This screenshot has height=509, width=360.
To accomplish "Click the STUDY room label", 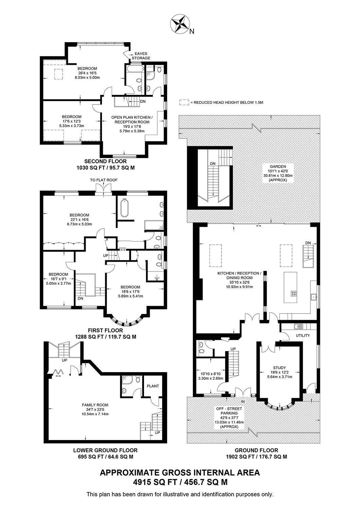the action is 280,367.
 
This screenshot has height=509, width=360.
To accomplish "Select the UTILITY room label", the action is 303,335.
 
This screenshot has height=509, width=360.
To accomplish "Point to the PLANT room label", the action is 153,386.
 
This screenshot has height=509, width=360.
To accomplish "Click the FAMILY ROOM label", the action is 95,405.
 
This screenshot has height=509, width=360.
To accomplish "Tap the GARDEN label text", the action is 278,166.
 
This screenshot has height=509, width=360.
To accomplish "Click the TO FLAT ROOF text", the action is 104,180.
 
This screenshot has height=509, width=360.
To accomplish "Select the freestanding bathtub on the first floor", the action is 124,208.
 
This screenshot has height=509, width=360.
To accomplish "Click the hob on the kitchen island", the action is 293,294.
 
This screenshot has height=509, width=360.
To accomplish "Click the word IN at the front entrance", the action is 243,401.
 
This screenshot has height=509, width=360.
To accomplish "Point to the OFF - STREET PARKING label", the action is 229,411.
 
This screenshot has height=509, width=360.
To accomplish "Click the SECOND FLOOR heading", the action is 106,161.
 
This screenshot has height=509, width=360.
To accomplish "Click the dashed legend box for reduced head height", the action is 184,102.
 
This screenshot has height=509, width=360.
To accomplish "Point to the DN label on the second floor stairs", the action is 143,101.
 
